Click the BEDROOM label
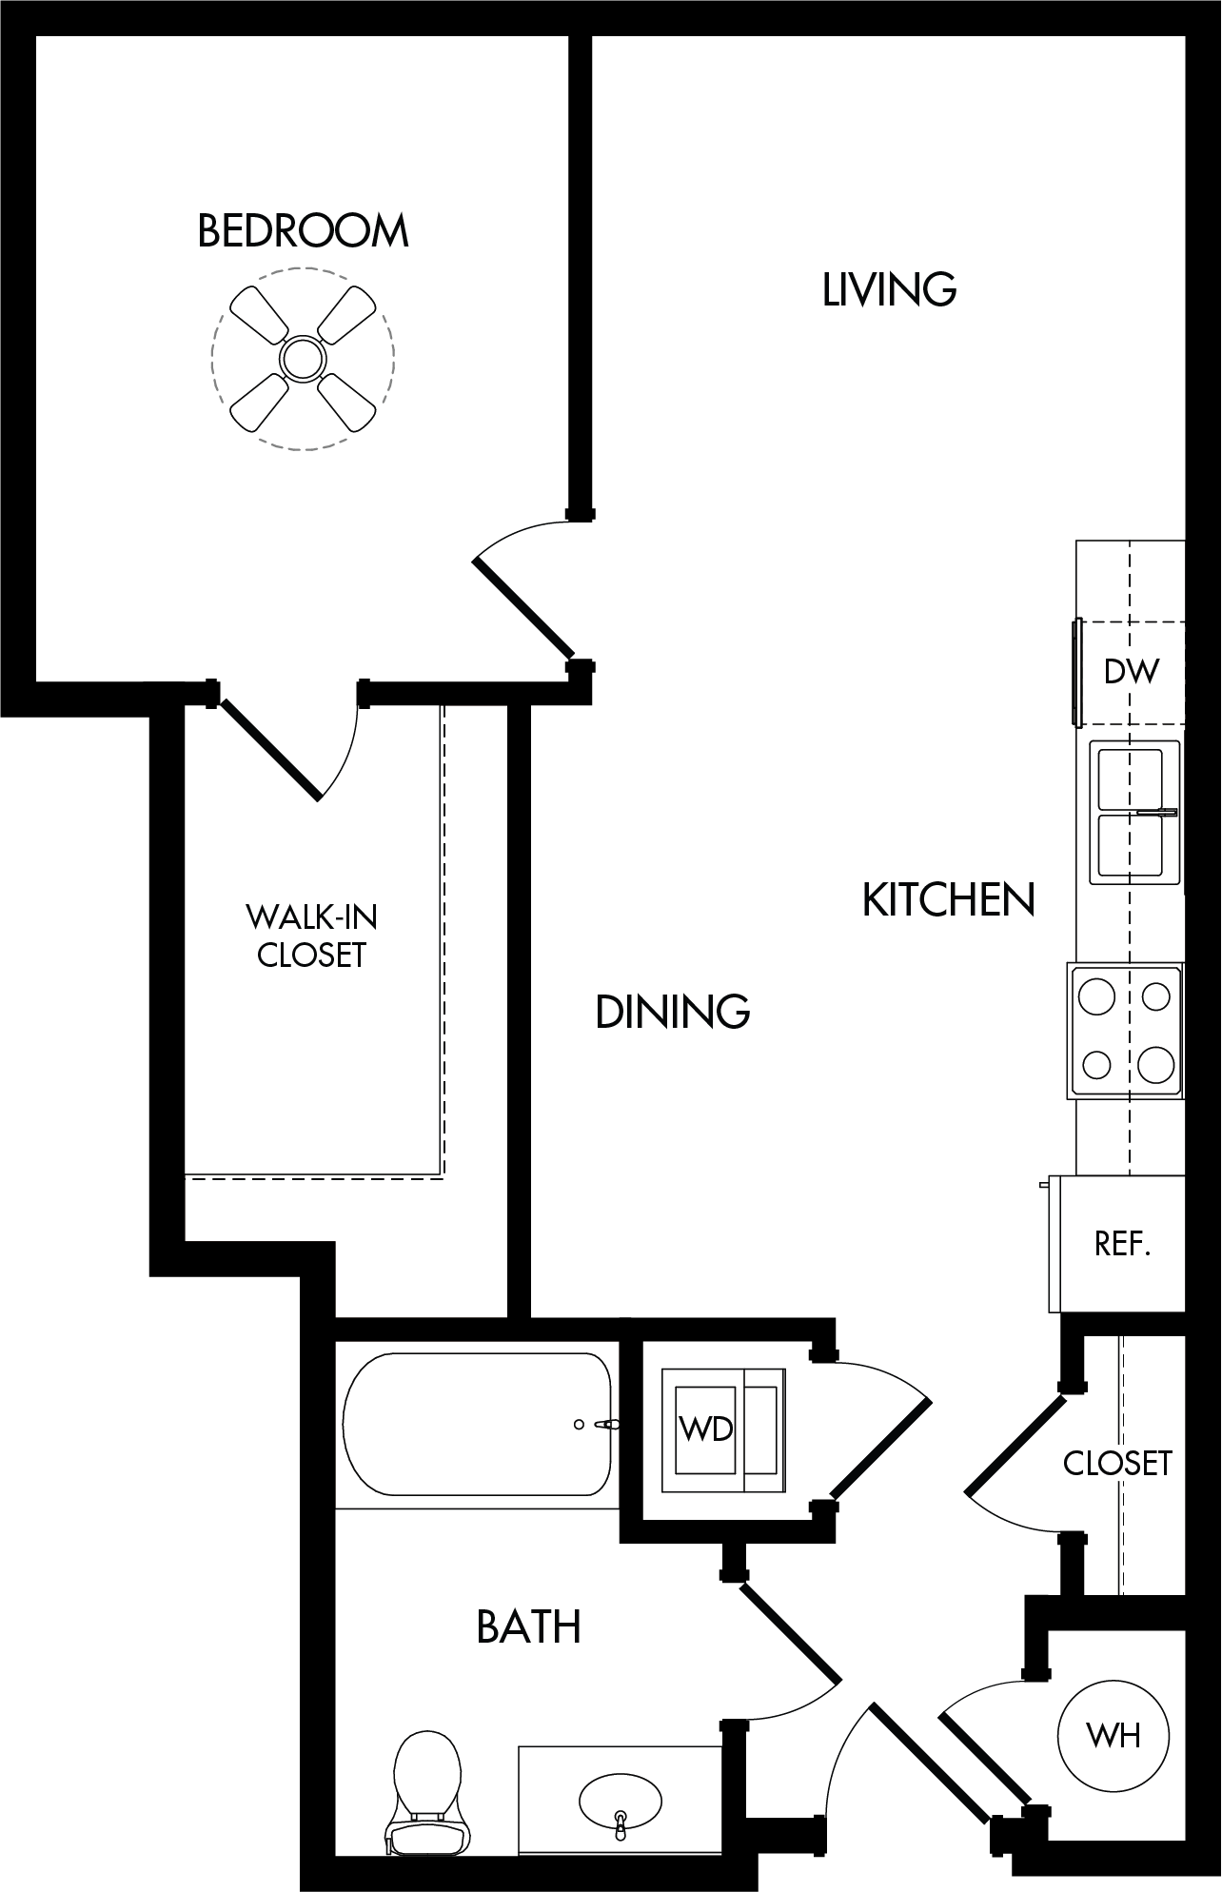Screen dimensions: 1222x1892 [x=303, y=231]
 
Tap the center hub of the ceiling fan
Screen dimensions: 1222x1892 [x=303, y=358]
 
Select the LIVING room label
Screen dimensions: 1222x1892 [x=889, y=289]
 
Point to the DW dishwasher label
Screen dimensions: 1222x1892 [x=1132, y=671]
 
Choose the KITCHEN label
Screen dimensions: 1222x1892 [x=948, y=899]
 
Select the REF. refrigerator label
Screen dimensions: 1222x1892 [x=1123, y=1243]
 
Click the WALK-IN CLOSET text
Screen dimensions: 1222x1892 [x=311, y=936]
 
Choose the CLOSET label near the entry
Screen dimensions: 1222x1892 [x=1117, y=1463]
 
